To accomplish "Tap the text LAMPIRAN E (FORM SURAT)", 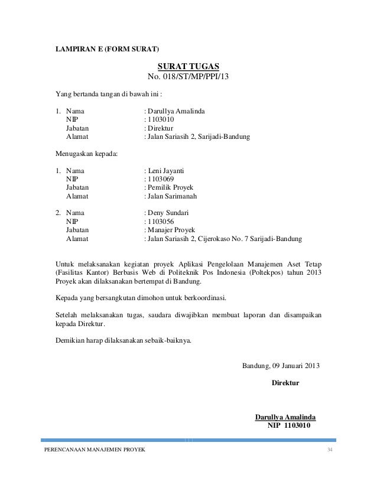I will pos(107,48).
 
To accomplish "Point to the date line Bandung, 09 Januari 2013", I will pos(281,365).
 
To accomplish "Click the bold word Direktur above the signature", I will pos(285,383).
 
